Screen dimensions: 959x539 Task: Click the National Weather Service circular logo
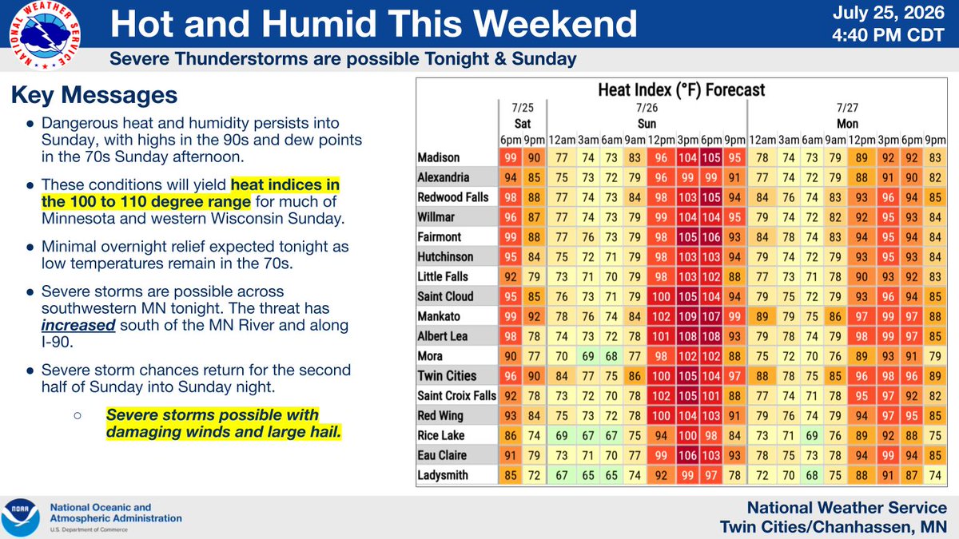tap(45, 35)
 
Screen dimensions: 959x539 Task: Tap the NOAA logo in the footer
tap(20, 517)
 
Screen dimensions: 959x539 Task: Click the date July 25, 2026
tap(889, 13)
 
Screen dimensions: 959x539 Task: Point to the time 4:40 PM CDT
tap(889, 35)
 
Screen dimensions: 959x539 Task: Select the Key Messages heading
tap(94, 94)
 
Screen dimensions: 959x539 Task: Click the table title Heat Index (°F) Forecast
tap(681, 90)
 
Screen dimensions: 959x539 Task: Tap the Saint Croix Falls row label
tap(457, 396)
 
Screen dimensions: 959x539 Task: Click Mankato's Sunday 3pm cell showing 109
tap(687, 316)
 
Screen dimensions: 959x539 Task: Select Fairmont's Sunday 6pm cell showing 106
tap(711, 236)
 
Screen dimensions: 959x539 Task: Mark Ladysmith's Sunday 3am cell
tap(588, 475)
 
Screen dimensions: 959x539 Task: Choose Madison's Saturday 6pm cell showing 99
tap(511, 157)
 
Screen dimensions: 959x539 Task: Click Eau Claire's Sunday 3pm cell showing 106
tap(687, 455)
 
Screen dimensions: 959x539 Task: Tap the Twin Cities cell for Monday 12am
tap(762, 376)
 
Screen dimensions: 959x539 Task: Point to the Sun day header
tap(647, 124)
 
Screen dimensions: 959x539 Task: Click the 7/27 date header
tap(847, 107)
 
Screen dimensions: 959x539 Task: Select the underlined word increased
tap(78, 326)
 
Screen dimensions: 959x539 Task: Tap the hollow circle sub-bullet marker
tap(78, 415)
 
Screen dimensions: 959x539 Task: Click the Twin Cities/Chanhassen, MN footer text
tap(833, 527)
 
